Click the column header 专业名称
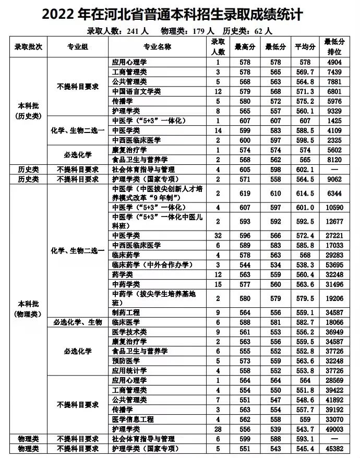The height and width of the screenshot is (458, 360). [x=157, y=47]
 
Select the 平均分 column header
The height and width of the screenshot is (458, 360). [x=305, y=47]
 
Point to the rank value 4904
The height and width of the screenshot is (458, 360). [x=335, y=62]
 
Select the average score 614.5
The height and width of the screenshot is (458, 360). [x=305, y=194]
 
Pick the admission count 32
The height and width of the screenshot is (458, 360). [x=218, y=235]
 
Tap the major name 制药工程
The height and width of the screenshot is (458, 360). [x=126, y=312]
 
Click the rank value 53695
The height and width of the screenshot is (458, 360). [x=335, y=264]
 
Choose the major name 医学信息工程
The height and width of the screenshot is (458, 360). [x=133, y=419]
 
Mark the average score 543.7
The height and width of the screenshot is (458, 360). [x=305, y=429]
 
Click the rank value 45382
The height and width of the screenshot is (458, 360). [x=335, y=449]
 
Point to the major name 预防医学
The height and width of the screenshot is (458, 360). [x=126, y=361]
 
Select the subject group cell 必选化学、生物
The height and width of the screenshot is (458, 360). [x=78, y=322]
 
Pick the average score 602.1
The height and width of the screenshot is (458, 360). [x=305, y=170]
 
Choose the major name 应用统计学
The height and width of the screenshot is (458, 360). [x=129, y=370]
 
